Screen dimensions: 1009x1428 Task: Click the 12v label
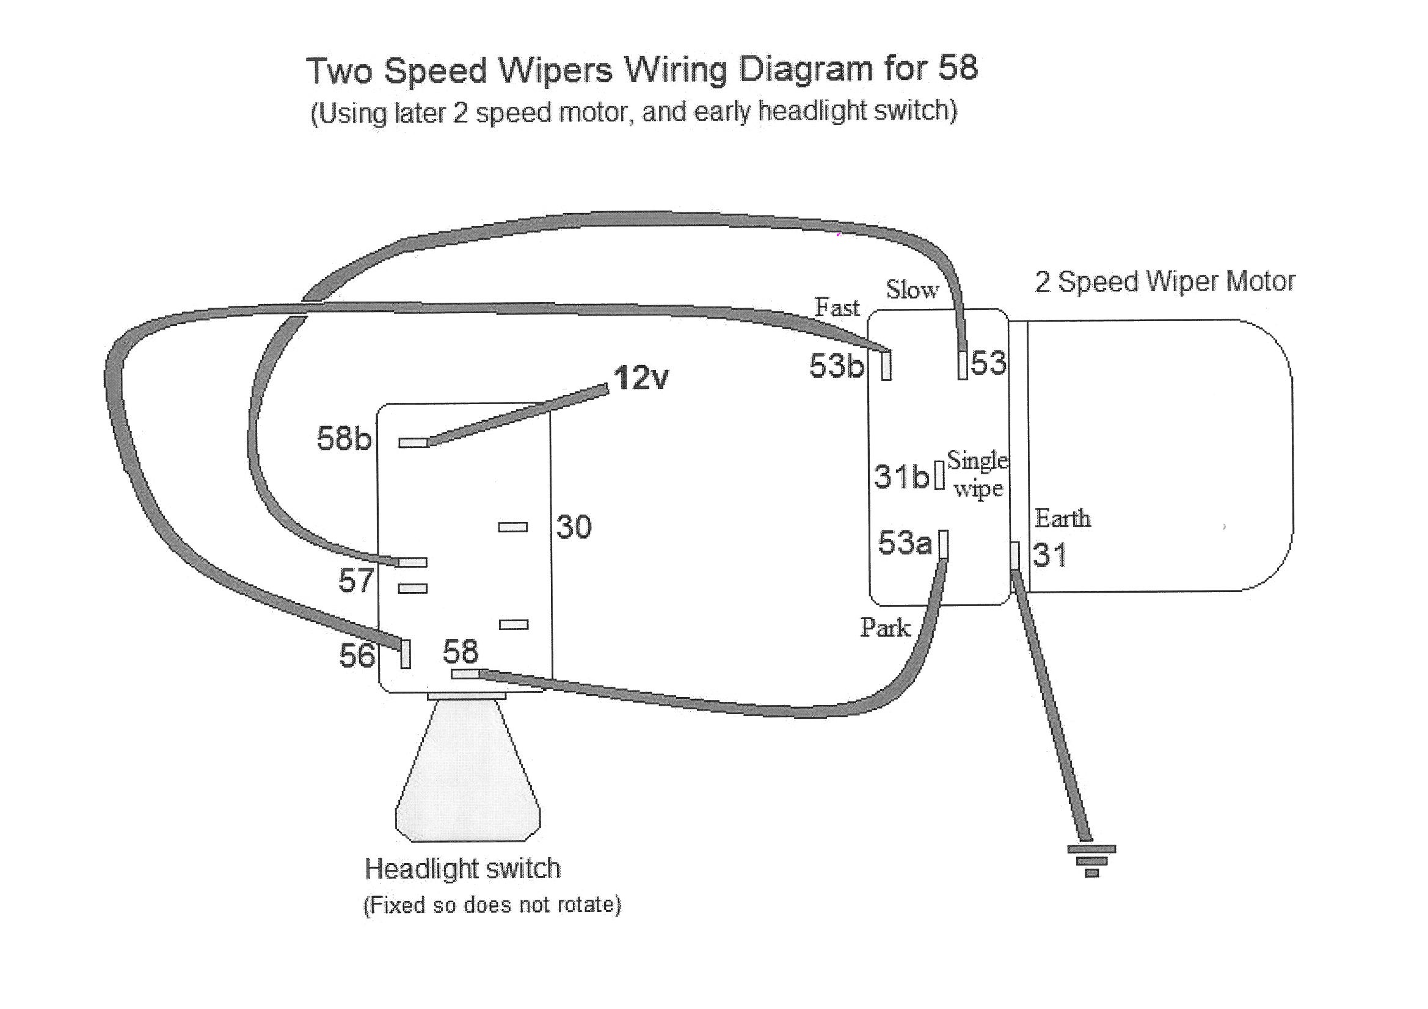[x=641, y=377]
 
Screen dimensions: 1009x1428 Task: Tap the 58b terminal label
[x=344, y=438]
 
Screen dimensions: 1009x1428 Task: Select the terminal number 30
[x=574, y=527]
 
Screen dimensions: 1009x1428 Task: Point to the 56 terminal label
[x=357, y=655]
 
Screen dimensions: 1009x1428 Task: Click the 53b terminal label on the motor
[x=837, y=366]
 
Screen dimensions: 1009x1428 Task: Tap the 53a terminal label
[x=905, y=543]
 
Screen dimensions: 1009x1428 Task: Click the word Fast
[x=837, y=307]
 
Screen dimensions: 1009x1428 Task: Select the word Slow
[x=912, y=289]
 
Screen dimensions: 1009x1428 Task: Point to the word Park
[x=885, y=627]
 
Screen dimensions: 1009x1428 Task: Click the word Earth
[x=1062, y=518]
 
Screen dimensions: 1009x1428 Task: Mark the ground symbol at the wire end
[x=1091, y=861]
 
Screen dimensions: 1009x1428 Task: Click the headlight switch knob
[x=468, y=771]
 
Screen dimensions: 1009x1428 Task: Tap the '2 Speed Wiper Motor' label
[x=1164, y=281]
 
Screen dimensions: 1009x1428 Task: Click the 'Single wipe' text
[x=977, y=474]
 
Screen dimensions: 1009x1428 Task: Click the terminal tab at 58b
[x=412, y=443]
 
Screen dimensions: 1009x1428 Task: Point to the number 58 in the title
[x=958, y=67]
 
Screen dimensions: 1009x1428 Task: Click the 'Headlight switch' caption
[x=462, y=869]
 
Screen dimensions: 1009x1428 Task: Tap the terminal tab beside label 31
[x=1015, y=556]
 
